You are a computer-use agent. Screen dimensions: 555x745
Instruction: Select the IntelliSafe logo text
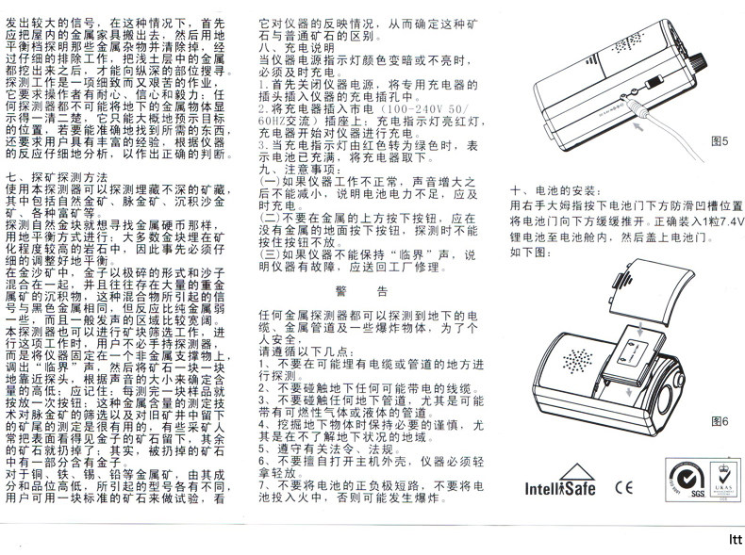tap(560, 488)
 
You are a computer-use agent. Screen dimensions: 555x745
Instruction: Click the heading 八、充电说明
tap(296, 46)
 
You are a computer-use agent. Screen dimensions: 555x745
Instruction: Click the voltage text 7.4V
tap(727, 223)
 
